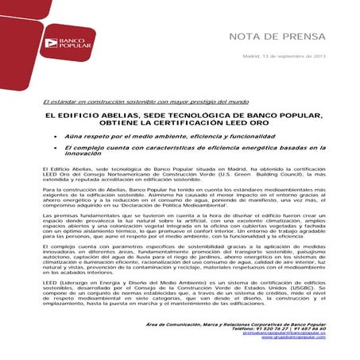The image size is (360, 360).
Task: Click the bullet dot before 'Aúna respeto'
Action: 56,137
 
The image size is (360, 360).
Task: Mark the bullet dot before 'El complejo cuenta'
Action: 56,148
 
